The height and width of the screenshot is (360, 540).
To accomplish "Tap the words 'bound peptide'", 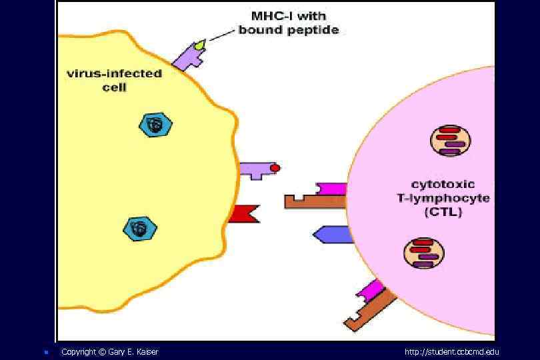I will [289, 29].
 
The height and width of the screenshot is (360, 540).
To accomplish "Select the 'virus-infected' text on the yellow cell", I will [114, 73].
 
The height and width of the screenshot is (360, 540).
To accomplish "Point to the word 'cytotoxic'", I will [443, 184].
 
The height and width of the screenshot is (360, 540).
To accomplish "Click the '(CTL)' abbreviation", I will [443, 213].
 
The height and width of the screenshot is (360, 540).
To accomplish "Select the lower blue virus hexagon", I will [139, 228].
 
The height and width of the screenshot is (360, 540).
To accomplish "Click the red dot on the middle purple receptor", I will [275, 169].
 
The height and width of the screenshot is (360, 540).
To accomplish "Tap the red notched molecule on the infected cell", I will [241, 213].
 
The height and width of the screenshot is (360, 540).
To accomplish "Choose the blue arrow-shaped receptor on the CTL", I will [331, 234].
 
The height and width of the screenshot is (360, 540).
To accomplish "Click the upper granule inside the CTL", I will [450, 141].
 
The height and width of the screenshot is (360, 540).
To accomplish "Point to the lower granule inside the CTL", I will [424, 253].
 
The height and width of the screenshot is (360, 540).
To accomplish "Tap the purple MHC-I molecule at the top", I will [189, 56].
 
